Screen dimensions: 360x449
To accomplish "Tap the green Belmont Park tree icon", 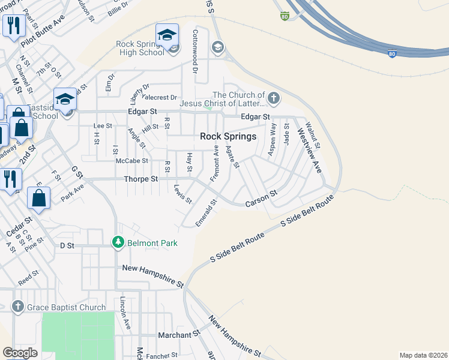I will tap(118, 242).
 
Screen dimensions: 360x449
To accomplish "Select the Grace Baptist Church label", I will tap(66, 308).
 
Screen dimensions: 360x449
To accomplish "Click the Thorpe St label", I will tap(140, 179).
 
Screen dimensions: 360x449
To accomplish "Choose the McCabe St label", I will tap(131, 161).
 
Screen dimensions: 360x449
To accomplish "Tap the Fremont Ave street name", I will tap(214, 163).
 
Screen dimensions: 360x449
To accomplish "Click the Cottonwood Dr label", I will tap(195, 51).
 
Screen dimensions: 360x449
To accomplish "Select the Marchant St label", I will tap(178, 334).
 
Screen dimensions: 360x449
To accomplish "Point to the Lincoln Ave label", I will tap(125, 313).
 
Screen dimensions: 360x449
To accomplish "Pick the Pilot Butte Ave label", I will tap(43, 34).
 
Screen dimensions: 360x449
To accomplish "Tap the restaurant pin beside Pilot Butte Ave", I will tap(13, 26).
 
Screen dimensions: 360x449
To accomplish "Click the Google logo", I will tap(20, 352).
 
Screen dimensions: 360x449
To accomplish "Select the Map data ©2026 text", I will tap(423, 355).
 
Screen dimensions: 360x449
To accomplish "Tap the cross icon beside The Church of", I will tap(274, 98).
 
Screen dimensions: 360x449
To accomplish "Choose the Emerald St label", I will tap(206, 214).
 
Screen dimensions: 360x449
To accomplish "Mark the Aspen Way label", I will tap(272, 140).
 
